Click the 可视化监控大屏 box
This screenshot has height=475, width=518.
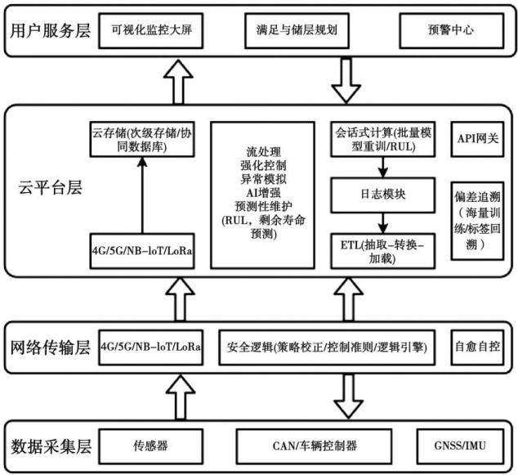tap(151, 31)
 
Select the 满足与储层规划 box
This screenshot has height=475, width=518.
tap(297, 31)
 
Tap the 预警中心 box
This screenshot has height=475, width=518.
tap(452, 31)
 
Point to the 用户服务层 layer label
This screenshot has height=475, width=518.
tap(50, 31)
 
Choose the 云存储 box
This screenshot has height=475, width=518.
tap(142, 139)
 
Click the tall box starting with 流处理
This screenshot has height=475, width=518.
tap(262, 195)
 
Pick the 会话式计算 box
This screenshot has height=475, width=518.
tap(383, 139)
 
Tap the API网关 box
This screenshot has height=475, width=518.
tap(477, 139)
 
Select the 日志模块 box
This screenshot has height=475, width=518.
tap(383, 195)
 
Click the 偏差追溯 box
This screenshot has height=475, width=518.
tap(477, 221)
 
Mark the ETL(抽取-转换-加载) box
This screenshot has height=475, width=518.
tap(383, 251)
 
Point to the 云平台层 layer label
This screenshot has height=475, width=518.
tap(50, 187)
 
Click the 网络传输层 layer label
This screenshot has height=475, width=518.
tap(50, 347)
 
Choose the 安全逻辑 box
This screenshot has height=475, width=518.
tap(327, 347)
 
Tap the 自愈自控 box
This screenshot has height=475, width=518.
tap(477, 347)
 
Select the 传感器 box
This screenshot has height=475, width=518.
tap(151, 446)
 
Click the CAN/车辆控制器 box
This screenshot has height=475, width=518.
tap(315, 446)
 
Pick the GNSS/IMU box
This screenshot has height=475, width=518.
tap(460, 446)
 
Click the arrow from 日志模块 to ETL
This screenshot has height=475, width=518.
tap(383, 223)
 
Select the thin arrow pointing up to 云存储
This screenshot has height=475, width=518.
tap(142, 195)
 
